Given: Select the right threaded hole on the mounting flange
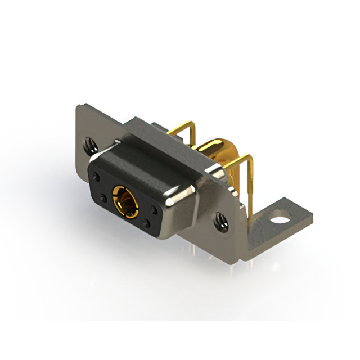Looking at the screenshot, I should point(221,220).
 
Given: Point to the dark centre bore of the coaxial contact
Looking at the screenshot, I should point(122,200).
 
